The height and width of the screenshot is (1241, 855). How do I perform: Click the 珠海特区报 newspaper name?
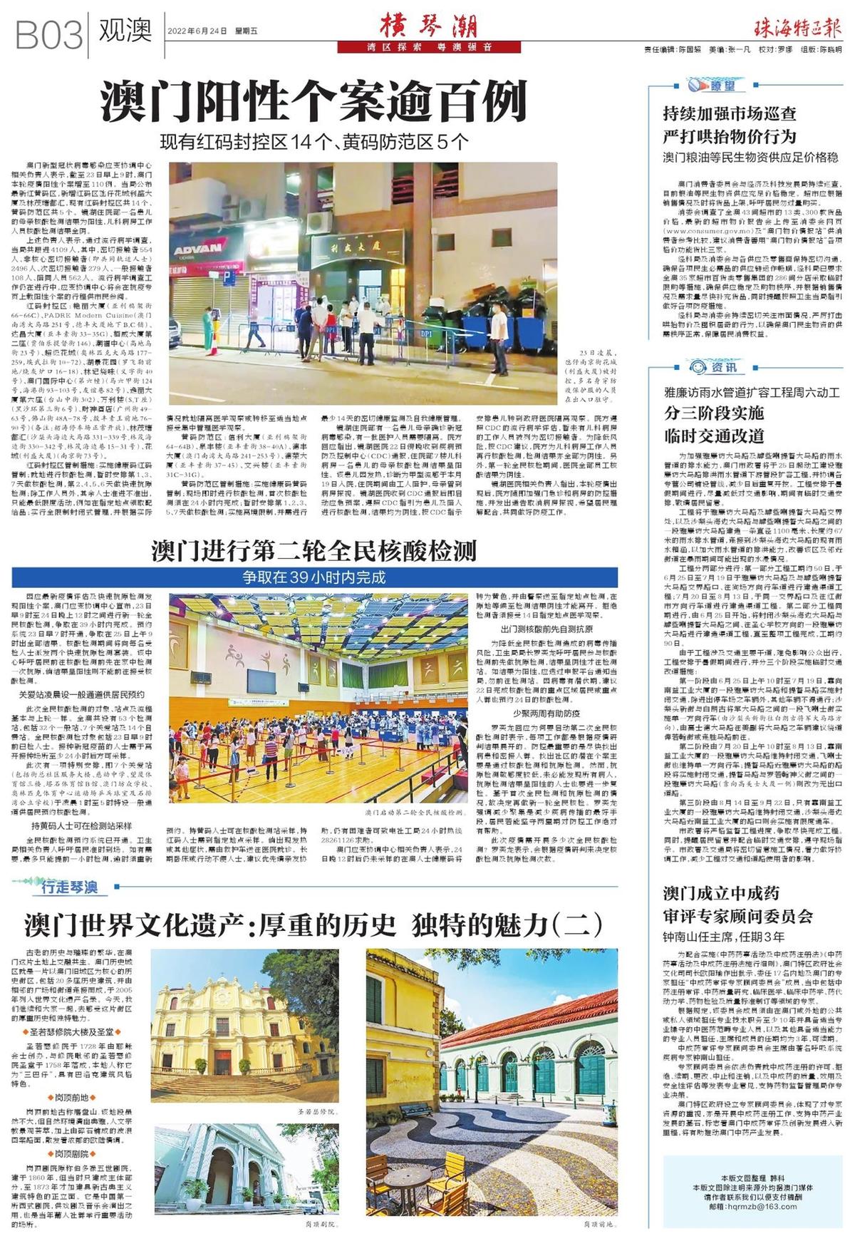[797, 29]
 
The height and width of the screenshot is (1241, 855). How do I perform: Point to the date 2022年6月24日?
[197, 31]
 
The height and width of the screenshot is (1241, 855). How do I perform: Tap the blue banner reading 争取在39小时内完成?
[313, 577]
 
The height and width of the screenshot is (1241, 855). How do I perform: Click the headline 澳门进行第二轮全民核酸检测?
[313, 551]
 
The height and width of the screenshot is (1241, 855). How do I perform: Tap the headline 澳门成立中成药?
[721, 893]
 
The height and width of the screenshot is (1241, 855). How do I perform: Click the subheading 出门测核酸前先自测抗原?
[546, 629]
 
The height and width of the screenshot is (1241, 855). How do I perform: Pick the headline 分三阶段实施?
[713, 413]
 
